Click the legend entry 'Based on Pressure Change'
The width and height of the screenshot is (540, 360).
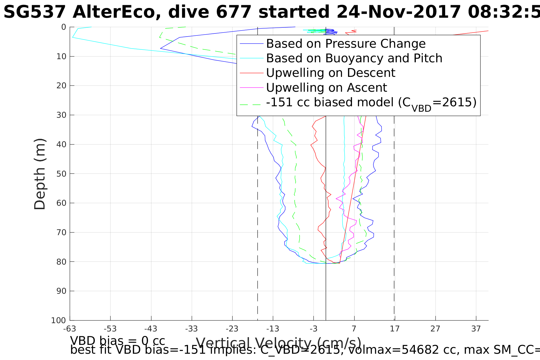pos(346,44)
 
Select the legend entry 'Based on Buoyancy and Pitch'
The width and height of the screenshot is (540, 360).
pos(354,58)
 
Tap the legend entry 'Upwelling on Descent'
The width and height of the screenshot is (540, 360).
pos(331,73)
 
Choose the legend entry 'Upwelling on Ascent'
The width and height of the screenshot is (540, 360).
pos(326,87)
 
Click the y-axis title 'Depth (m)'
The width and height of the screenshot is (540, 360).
pos(40,174)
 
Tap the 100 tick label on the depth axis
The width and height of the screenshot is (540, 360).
pos(59,320)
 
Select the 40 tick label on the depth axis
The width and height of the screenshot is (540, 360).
pos(61,144)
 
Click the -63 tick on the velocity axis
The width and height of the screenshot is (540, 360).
pos(70,329)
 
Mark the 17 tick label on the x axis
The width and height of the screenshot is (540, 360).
pos(395,329)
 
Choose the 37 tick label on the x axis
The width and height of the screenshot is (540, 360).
pos(476,329)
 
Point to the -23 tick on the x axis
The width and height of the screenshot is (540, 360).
pos(232,329)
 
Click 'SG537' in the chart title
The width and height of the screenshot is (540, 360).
pos(35,13)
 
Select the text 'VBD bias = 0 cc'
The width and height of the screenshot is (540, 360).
pos(117,341)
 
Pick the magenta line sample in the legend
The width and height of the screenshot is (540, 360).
pos(251,87)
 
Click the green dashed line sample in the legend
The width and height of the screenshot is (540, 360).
pos(251,105)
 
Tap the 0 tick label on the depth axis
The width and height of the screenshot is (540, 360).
pos(63,27)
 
